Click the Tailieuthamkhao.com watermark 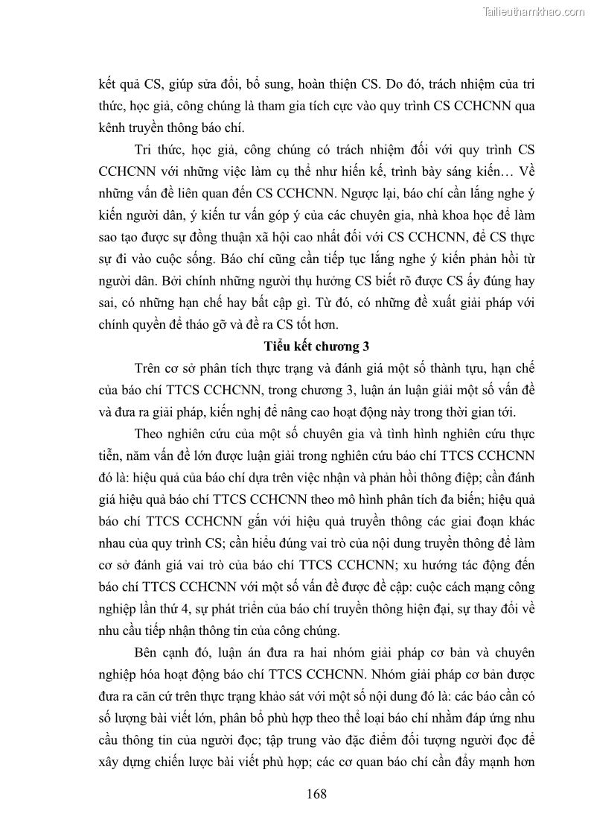click(534, 11)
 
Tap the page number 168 click(316, 794)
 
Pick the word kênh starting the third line click(115, 126)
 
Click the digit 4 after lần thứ click(196, 609)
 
